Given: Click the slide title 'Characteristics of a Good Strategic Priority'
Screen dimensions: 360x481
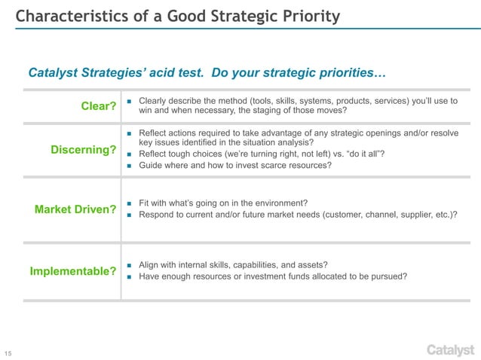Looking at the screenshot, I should pyautogui.click(x=177, y=17).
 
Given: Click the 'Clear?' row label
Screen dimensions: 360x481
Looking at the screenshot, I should pyautogui.click(x=98, y=107).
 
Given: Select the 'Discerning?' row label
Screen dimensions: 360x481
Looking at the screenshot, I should pyautogui.click(x=83, y=151).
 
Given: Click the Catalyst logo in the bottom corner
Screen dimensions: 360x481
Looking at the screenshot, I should pyautogui.click(x=450, y=349).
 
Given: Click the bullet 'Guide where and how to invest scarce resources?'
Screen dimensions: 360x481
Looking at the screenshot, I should pyautogui.click(x=235, y=166).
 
